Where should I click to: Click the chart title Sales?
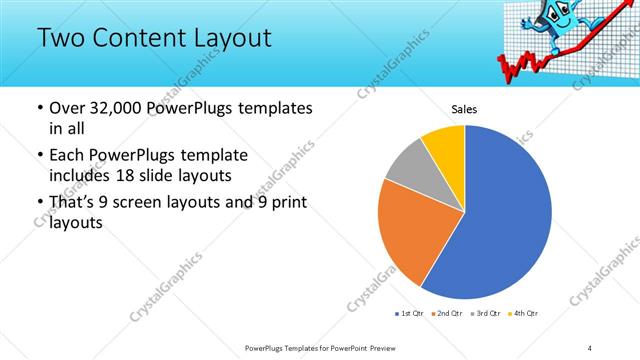[465, 108]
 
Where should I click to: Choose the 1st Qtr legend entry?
[409, 315]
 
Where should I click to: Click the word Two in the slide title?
[59, 39]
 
